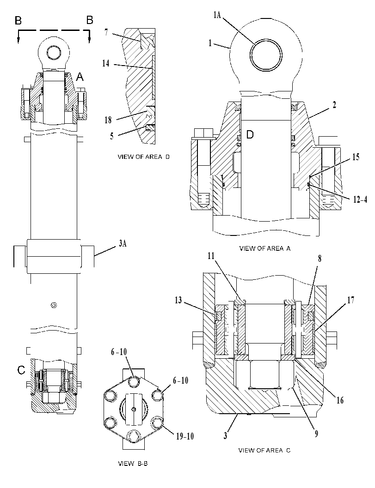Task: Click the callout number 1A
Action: pyautogui.click(x=217, y=15)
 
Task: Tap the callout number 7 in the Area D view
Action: pyautogui.click(x=106, y=32)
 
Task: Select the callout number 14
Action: pyautogui.click(x=106, y=63)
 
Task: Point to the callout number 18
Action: pyautogui.click(x=108, y=120)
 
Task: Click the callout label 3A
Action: pyautogui.click(x=123, y=243)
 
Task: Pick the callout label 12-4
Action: pyautogui.click(x=360, y=199)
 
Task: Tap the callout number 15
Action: pyautogui.click(x=356, y=157)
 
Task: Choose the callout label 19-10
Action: pyautogui.click(x=185, y=436)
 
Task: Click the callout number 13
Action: pyautogui.click(x=178, y=301)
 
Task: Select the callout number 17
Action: pyautogui.click(x=350, y=300)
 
